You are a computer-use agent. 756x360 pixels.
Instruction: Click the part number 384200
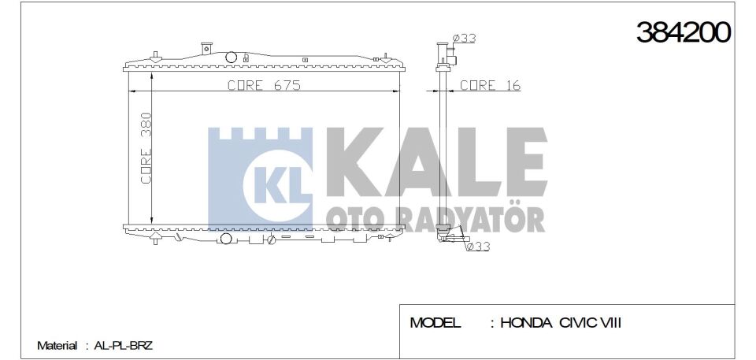pos(683,32)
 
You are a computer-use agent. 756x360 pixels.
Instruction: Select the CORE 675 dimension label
pos(264,86)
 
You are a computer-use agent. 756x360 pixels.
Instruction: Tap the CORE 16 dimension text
pos(489,86)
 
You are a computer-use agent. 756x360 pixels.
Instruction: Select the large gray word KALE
pos(435,165)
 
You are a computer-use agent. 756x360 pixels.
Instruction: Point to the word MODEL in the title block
pos(435,323)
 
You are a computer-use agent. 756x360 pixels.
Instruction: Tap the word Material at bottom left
pos(57,346)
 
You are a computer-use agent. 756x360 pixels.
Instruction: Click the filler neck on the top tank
pos(206,47)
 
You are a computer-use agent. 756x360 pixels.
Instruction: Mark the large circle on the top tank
pos(232,57)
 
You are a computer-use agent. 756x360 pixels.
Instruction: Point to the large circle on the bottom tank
pos(226,239)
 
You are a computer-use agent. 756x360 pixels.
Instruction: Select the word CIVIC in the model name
pos(580,323)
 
